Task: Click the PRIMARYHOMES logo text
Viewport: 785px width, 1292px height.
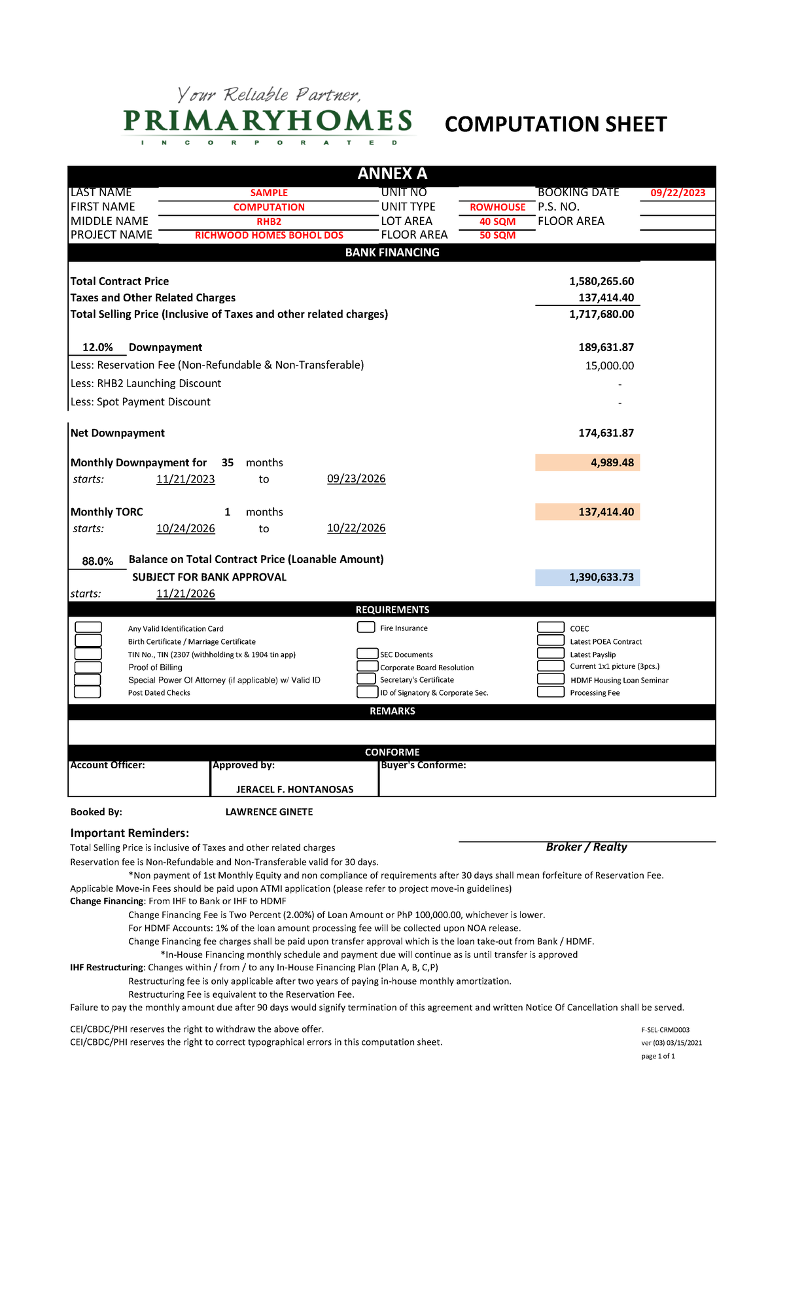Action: [268, 122]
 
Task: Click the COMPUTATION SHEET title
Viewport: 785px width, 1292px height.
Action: [555, 124]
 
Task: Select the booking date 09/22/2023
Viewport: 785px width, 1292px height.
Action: [678, 193]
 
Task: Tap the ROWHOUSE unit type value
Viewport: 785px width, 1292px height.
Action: [497, 207]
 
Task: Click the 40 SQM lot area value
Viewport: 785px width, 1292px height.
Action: [497, 222]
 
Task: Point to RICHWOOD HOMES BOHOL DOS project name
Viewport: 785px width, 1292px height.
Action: [269, 235]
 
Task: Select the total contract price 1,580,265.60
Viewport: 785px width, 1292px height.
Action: [601, 281]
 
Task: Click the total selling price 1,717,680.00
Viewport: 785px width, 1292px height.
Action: [601, 314]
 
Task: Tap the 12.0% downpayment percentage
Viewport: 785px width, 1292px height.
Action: [97, 347]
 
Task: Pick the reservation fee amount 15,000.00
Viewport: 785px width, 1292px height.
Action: [609, 365]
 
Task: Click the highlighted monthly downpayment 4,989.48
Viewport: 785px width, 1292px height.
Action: [612, 462]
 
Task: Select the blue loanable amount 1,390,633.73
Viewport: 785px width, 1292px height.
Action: [601, 577]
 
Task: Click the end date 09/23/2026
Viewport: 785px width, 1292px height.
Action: [356, 479]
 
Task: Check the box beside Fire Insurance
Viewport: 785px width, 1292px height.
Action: [366, 628]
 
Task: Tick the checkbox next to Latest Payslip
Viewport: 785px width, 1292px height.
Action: [550, 653]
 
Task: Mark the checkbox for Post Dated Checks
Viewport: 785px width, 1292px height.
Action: [88, 692]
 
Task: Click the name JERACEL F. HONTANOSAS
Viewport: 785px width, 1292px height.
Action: [294, 789]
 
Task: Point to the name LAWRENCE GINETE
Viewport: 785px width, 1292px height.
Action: [269, 812]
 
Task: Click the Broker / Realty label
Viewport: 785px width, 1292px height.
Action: [586, 847]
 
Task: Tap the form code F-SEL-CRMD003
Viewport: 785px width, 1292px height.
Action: [665, 1030]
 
